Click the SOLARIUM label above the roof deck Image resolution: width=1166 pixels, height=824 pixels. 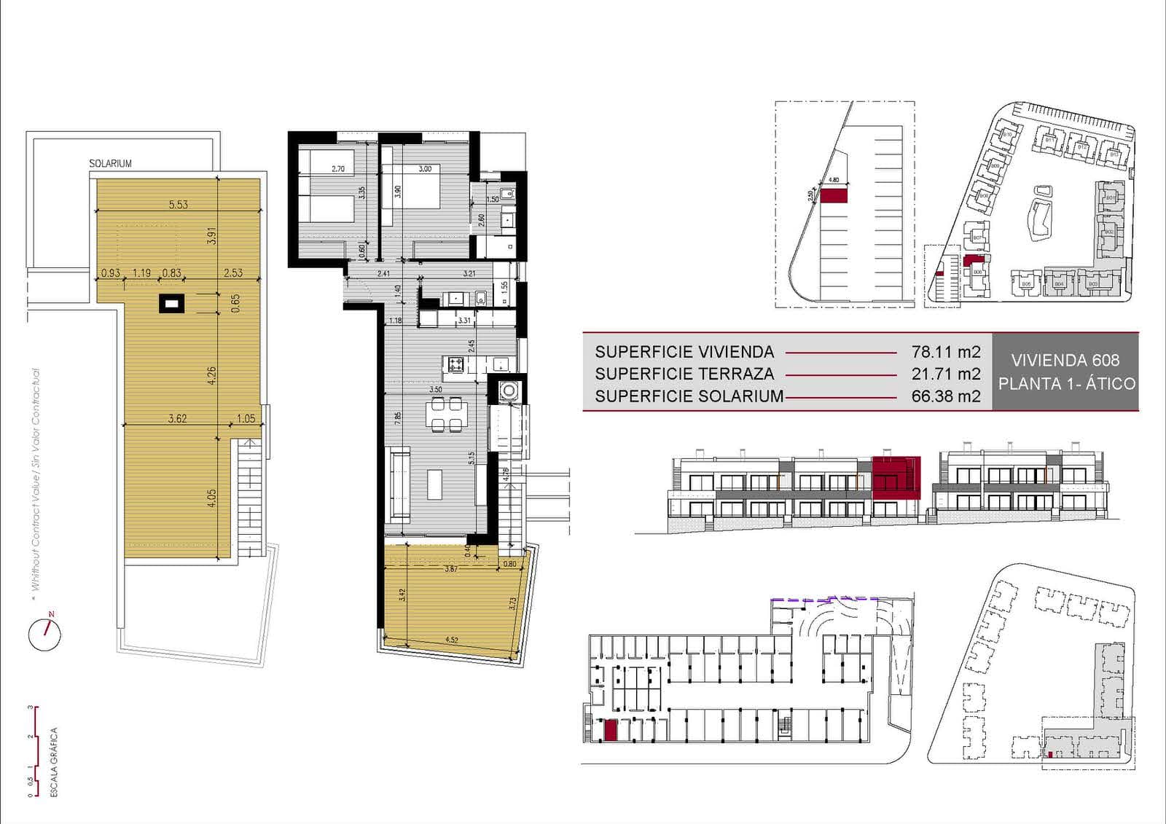[x=110, y=164]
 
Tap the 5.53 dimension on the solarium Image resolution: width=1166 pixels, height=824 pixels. [x=178, y=205]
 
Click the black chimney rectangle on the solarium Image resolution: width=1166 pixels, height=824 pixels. [x=173, y=303]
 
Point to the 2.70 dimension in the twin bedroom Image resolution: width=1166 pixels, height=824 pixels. [x=337, y=169]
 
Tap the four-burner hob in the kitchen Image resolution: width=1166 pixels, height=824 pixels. [x=456, y=364]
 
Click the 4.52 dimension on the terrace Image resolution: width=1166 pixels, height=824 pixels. [x=451, y=640]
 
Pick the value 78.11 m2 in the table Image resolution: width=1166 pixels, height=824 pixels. [x=945, y=352]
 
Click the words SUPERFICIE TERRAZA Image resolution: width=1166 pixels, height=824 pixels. [x=684, y=374]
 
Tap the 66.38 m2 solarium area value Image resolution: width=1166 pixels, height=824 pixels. [x=945, y=396]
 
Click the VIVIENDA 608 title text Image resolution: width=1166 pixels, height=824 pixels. [x=1065, y=360]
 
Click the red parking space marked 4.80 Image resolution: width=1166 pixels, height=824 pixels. [x=834, y=195]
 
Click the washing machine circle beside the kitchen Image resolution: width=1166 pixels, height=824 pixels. [x=507, y=391]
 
